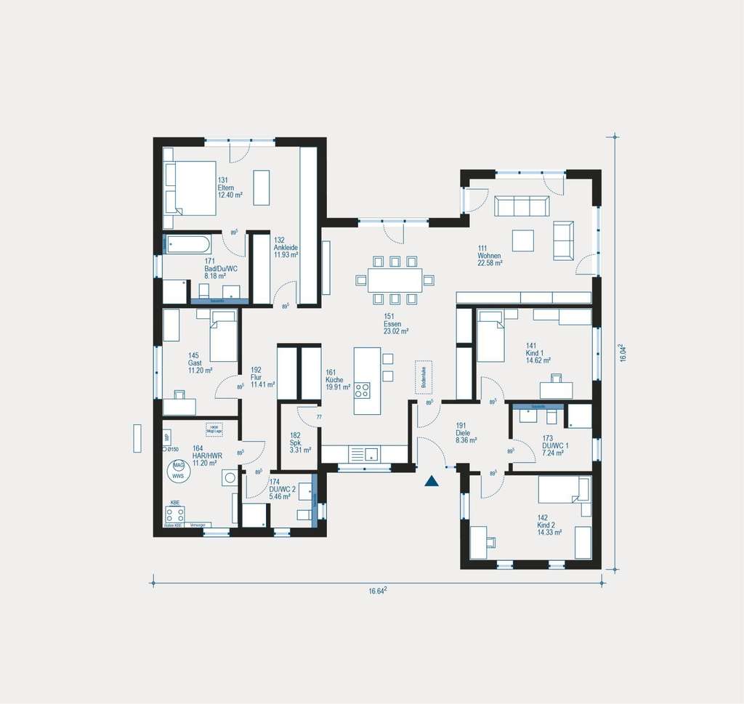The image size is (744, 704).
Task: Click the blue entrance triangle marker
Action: pyautogui.click(x=432, y=481)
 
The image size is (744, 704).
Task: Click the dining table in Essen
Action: pyautogui.click(x=395, y=280)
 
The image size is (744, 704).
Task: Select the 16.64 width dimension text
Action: pyautogui.click(x=377, y=591)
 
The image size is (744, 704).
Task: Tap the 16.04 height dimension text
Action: pyautogui.click(x=623, y=353)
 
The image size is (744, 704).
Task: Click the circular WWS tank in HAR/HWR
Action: pyautogui.click(x=178, y=472)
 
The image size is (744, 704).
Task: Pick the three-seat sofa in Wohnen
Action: pyautogui.click(x=522, y=206)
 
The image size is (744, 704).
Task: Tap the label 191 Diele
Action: pyautogui.click(x=465, y=432)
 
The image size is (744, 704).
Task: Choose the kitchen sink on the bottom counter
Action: pyautogui.click(x=371, y=455)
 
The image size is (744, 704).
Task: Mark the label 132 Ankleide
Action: pyautogui.click(x=286, y=247)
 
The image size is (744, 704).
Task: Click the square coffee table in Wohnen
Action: pyautogui.click(x=522, y=240)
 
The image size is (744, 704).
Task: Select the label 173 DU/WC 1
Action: pyautogui.click(x=555, y=444)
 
